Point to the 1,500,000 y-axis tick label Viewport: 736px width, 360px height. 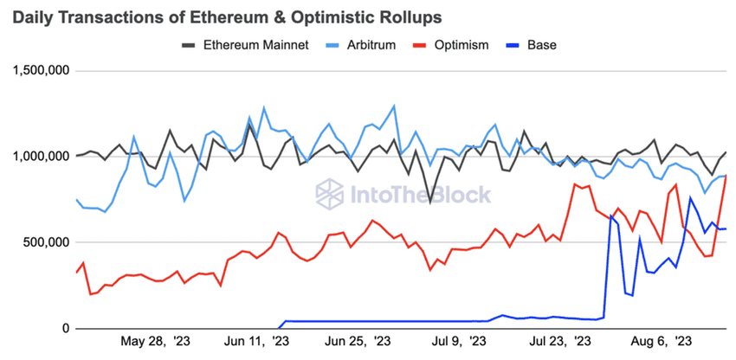pos(40,71)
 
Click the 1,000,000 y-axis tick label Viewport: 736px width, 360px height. pos(40,157)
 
